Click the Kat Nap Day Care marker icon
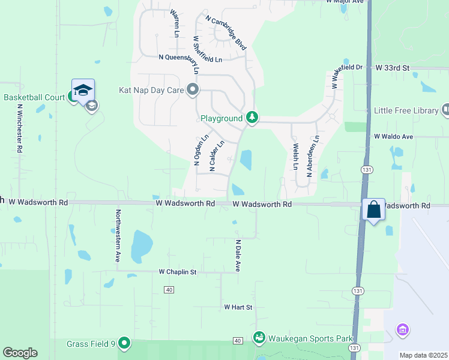[193, 91]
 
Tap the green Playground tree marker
[253, 118]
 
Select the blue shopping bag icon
[373, 210]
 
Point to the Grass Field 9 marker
[124, 344]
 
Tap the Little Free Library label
[406, 110]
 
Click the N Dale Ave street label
[238, 256]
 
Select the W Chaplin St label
[178, 272]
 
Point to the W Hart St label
[238, 307]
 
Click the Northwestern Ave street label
[118, 235]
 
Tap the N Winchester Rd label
[19, 128]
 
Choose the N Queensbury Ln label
[190, 58]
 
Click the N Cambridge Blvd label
[226, 32]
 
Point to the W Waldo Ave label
[393, 137]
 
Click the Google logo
[20, 353]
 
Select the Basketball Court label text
[33, 97]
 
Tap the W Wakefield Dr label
[348, 76]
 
